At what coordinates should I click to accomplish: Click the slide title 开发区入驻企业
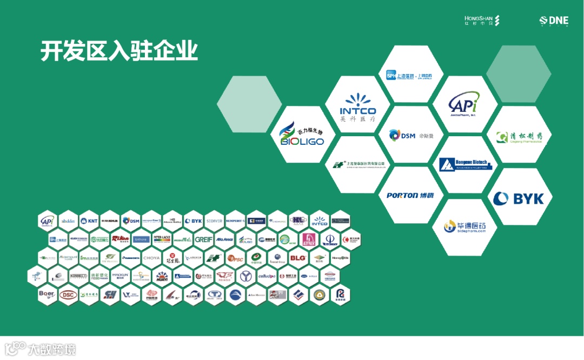[119, 51]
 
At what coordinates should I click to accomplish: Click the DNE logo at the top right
[554, 21]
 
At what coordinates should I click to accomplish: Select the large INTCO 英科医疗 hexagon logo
[357, 106]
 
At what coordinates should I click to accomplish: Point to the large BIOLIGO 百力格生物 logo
[302, 135]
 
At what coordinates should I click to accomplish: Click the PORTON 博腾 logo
[410, 195]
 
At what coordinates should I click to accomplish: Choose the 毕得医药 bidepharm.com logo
[464, 227]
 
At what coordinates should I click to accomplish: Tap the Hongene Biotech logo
[466, 164]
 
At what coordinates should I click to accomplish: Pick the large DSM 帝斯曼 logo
[410, 135]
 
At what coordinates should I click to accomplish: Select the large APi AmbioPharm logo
[464, 104]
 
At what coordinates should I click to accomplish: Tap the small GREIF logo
[204, 239]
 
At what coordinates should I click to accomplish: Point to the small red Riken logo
[120, 239]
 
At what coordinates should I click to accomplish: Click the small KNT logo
[89, 221]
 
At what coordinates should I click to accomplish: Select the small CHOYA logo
[151, 258]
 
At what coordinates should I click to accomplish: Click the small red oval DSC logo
[68, 295]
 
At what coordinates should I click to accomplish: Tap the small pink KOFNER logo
[308, 239]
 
